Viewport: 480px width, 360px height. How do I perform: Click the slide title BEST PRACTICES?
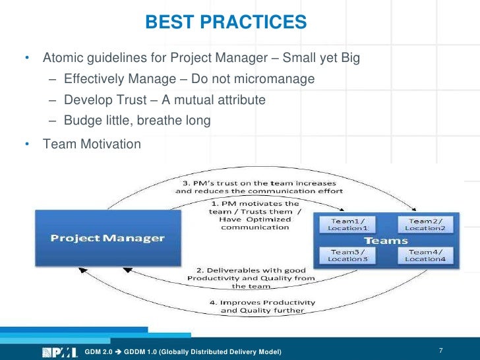point(226,22)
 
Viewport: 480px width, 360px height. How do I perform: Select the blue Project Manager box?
point(107,238)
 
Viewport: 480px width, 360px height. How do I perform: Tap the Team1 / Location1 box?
point(344,224)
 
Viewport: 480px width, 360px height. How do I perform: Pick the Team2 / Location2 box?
point(425,224)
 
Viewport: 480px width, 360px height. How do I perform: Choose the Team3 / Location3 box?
point(344,255)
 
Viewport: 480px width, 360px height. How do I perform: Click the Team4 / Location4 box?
point(425,255)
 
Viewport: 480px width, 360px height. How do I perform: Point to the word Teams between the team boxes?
point(385,240)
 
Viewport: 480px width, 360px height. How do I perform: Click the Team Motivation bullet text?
point(92,143)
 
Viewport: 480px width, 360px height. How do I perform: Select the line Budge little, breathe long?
point(137,120)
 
